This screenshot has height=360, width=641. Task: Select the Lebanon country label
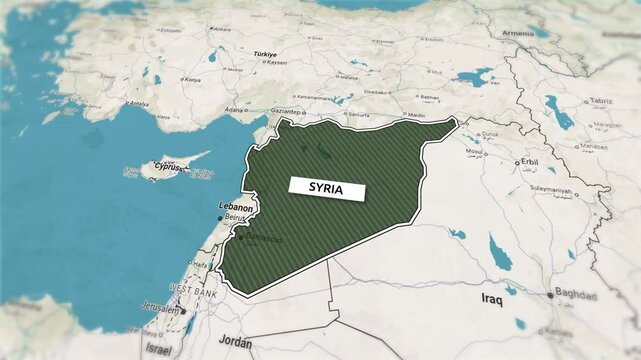tap(235, 207)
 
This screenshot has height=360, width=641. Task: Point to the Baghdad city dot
tap(549, 295)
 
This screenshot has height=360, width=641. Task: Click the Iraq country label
tap(490, 298)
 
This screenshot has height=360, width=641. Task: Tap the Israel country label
tap(158, 349)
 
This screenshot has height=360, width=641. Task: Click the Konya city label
tap(193, 79)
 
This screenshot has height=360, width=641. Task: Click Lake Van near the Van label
tap(474, 76)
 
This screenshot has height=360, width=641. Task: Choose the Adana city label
tap(235, 108)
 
